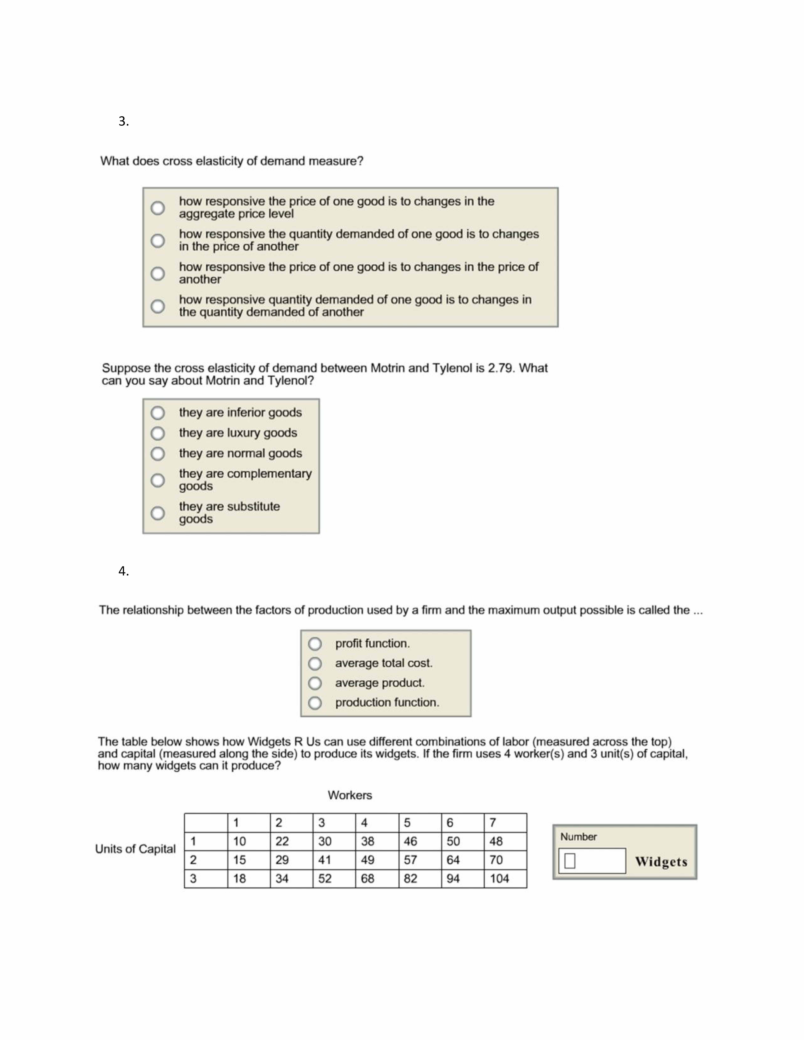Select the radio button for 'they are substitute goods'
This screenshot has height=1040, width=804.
158,513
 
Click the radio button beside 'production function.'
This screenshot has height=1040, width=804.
315,703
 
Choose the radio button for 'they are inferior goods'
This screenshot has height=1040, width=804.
158,412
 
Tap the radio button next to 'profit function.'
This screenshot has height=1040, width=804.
315,644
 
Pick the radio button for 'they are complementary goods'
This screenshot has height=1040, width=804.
158,480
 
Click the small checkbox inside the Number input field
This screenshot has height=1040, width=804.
570,860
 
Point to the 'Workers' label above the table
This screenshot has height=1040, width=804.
350,795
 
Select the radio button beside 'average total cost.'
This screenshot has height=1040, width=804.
315,663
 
